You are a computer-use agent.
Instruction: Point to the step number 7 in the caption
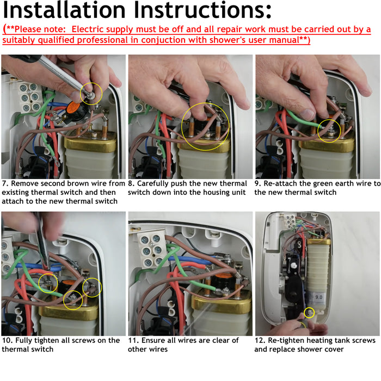4,184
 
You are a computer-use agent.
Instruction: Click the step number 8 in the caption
131,184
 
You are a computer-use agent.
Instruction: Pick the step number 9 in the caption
257,184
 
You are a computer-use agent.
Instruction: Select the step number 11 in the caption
133,341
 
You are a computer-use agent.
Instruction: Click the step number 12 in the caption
260,341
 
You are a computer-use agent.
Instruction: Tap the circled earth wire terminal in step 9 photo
329,131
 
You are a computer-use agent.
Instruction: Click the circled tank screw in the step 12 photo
310,312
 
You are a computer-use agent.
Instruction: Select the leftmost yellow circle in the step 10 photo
48,282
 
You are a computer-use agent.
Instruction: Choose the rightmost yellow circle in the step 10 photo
92,287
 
